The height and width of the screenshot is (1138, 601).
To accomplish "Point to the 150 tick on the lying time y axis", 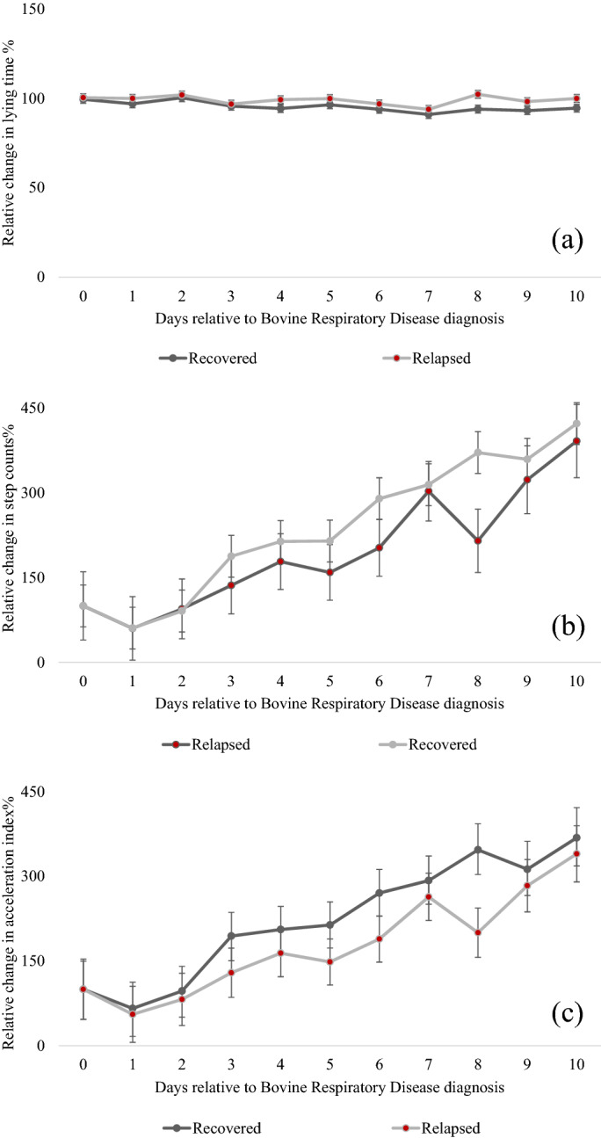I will tap(37, 10).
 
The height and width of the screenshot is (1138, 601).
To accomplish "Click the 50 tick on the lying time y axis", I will tap(40, 187).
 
